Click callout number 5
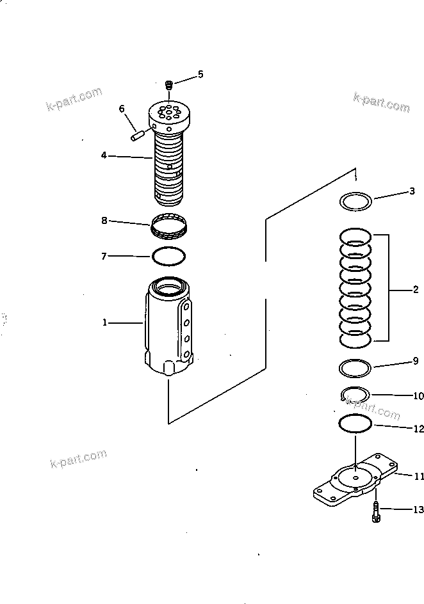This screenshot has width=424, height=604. (200, 75)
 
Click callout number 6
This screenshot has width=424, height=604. (122, 109)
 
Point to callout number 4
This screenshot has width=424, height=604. (103, 154)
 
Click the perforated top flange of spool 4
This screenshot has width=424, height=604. (169, 116)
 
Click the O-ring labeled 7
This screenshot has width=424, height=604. (169, 256)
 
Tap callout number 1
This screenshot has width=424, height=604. (104, 322)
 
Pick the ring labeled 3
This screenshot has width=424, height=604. (356, 201)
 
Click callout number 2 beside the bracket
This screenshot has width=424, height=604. (415, 289)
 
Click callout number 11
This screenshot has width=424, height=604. (418, 476)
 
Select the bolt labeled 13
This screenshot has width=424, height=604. (375, 513)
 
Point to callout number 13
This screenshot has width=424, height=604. (418, 510)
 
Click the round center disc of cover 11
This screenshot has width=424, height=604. (354, 477)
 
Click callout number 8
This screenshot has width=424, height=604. (104, 221)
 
